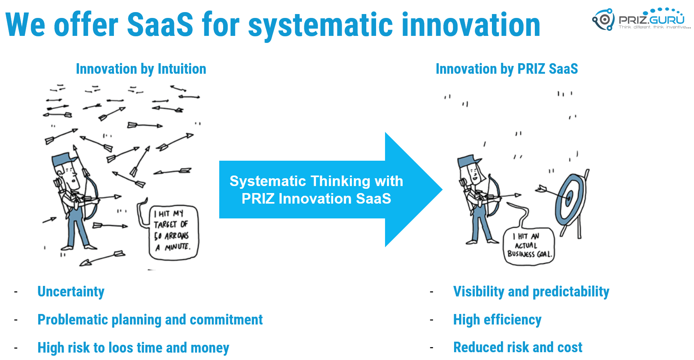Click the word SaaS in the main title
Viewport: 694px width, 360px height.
(x=160, y=25)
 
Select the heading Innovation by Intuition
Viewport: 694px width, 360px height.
(x=141, y=69)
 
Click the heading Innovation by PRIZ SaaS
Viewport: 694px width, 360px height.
(x=507, y=69)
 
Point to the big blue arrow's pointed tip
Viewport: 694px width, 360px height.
(x=442, y=190)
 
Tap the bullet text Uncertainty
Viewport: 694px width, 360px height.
(x=71, y=292)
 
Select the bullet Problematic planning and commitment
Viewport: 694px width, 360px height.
(x=150, y=320)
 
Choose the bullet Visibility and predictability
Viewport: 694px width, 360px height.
(x=531, y=292)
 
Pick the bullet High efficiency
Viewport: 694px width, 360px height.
(x=497, y=320)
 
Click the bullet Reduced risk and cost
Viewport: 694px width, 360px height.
(x=518, y=347)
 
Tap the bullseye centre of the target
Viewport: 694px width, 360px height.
(x=569, y=198)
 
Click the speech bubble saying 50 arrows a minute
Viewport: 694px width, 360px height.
(x=174, y=232)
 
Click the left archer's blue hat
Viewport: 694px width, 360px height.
(x=65, y=158)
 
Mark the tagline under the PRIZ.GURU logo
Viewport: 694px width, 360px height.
(x=655, y=27)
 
